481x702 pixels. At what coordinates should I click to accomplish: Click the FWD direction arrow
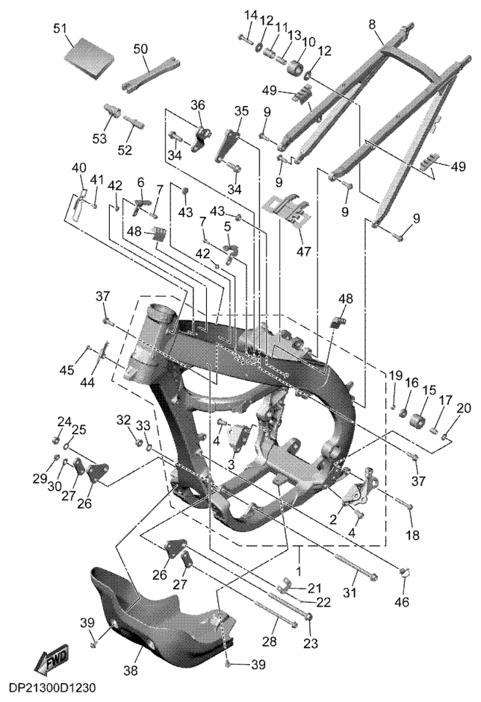(x=52, y=660)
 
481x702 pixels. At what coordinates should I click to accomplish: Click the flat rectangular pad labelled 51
(x=90, y=57)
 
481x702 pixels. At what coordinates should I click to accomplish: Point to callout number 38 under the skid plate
(x=131, y=671)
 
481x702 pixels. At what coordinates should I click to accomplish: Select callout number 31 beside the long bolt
(x=350, y=592)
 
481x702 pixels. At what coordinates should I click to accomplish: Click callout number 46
(x=402, y=602)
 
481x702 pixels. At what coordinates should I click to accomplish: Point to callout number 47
(x=303, y=251)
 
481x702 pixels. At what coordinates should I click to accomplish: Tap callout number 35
(x=241, y=111)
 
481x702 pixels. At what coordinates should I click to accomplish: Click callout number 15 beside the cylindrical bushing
(x=429, y=390)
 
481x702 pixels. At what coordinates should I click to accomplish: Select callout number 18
(x=412, y=534)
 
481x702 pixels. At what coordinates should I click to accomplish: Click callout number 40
(x=79, y=169)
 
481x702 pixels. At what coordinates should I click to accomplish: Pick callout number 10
(x=308, y=42)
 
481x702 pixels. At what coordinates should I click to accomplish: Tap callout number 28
(x=269, y=642)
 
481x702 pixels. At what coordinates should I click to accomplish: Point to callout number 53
(x=99, y=139)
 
